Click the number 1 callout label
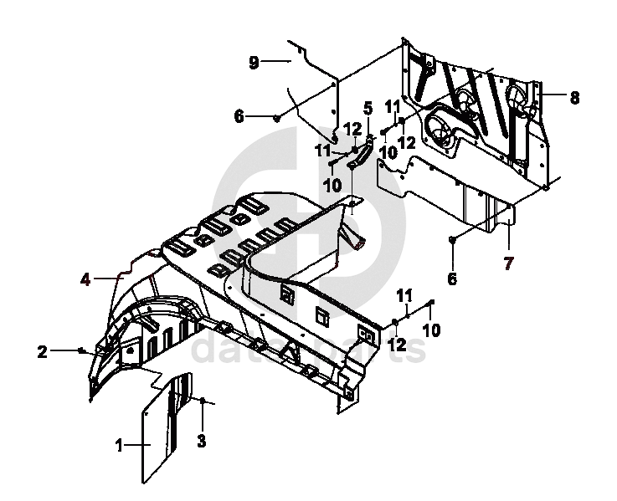(x=119, y=446)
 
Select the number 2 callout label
(x=42, y=351)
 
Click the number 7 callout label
(x=507, y=264)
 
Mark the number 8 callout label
(x=574, y=98)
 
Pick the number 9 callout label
(x=254, y=61)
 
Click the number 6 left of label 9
(x=239, y=117)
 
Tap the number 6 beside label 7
(x=452, y=279)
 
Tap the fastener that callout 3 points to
(x=202, y=402)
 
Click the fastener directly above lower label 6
(x=452, y=240)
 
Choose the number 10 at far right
(x=430, y=330)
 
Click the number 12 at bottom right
(x=396, y=344)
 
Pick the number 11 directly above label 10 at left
(x=323, y=151)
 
